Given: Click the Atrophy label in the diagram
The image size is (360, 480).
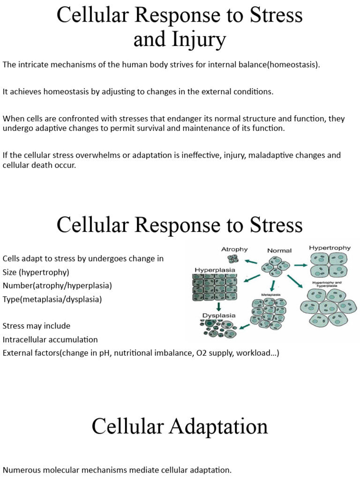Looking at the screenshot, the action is [x=234, y=249].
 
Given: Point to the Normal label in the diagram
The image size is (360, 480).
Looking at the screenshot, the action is [x=279, y=250].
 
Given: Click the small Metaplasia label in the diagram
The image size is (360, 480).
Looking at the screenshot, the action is [x=265, y=295].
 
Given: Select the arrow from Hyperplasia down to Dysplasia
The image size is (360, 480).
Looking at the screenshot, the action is [x=218, y=307].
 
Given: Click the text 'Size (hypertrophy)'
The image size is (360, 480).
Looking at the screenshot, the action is [x=36, y=272].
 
